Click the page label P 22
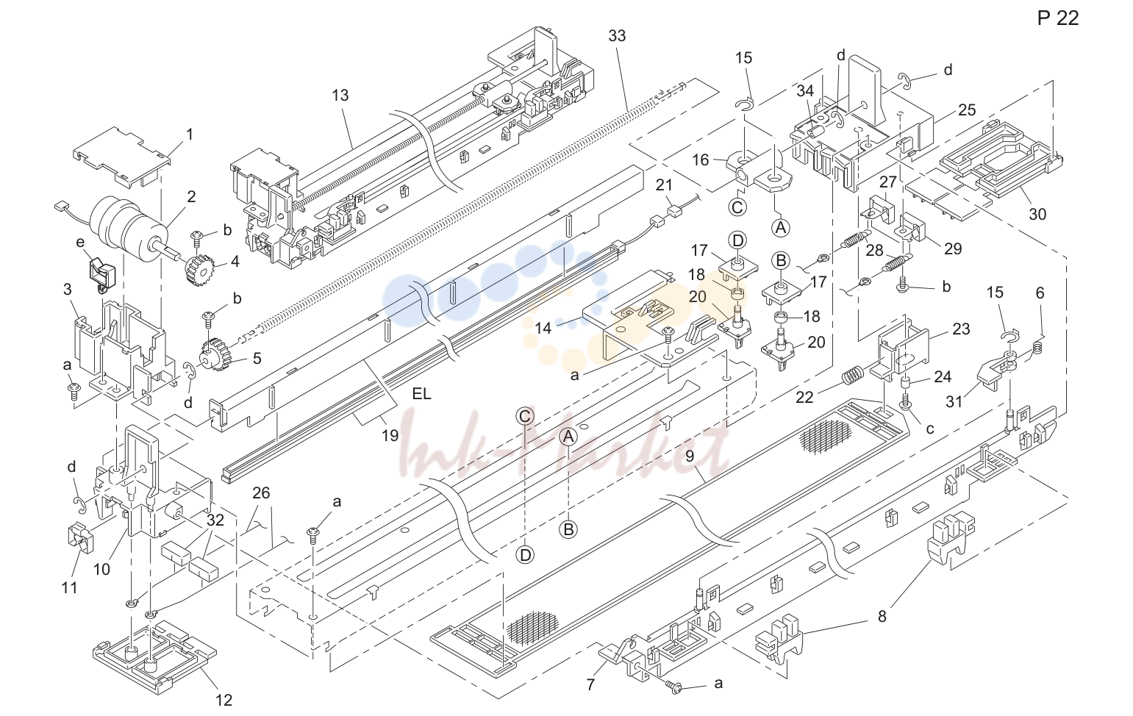click(x=1057, y=18)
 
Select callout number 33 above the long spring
click(x=617, y=36)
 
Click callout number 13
click(x=340, y=95)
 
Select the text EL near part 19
click(x=422, y=394)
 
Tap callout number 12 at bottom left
click(x=224, y=700)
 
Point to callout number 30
click(x=1037, y=215)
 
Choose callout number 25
click(x=967, y=110)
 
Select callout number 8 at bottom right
click(x=882, y=616)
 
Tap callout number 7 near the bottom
click(x=591, y=684)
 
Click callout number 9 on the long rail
click(x=690, y=456)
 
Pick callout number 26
click(x=261, y=493)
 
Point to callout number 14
click(x=543, y=328)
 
